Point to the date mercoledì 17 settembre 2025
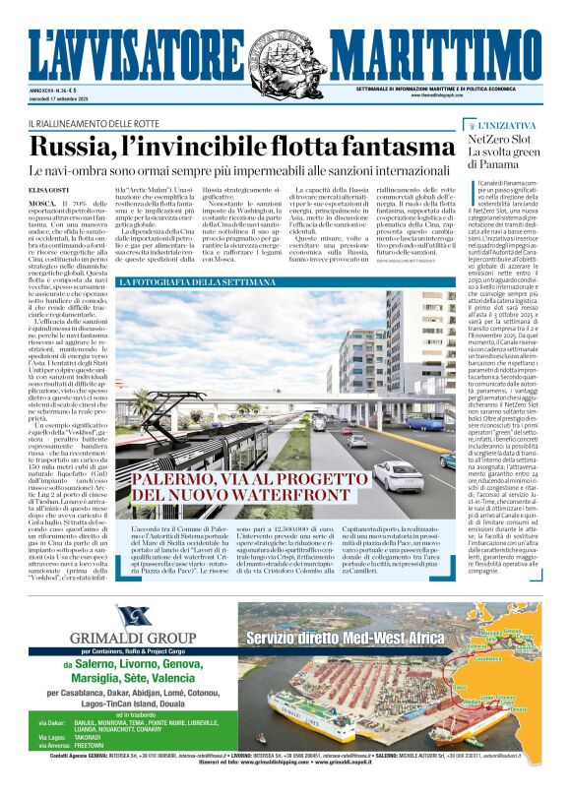coord(75,100)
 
